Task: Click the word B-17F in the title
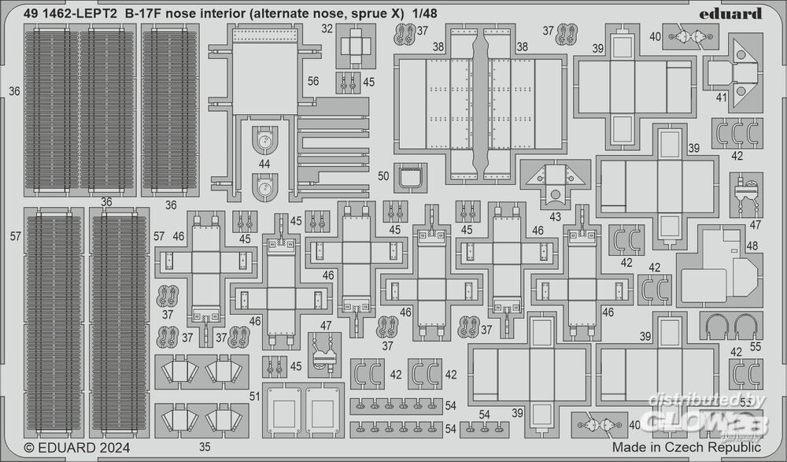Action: pyautogui.click(x=144, y=13)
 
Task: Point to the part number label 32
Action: pyautogui.click(x=327, y=29)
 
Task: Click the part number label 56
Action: pyautogui.click(x=312, y=80)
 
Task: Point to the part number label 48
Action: pyautogui.click(x=752, y=246)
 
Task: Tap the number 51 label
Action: pyautogui.click(x=253, y=396)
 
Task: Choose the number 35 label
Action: pyautogui.click(x=205, y=447)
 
